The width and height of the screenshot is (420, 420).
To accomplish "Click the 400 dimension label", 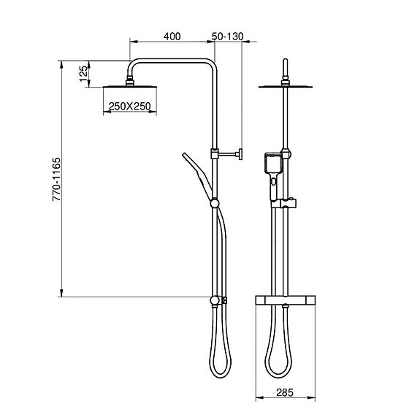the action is pos(172,37).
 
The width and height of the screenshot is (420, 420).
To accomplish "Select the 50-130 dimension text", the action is pos(227,37).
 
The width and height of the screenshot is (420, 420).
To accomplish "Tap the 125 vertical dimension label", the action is pos(83,74).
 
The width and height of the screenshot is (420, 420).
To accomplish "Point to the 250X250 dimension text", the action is pos(129,107).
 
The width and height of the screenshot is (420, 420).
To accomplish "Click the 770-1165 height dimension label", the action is pos(56,179).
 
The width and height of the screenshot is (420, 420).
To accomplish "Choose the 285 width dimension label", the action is pos(285,393).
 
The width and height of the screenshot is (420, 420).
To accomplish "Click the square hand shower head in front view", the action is pos(273,163).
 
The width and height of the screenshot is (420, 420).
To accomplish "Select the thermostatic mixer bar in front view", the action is pos(286,300).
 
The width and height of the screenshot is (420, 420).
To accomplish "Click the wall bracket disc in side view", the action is pos(241,154).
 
